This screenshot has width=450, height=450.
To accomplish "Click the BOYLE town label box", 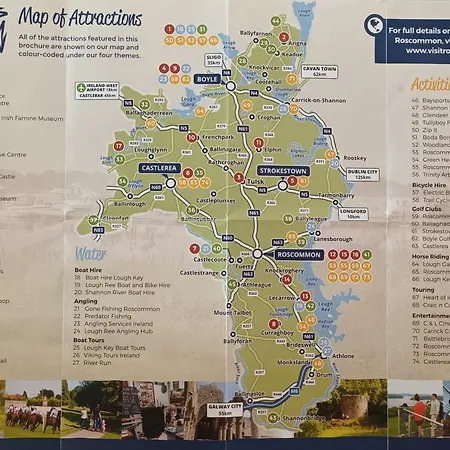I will tap(207, 77).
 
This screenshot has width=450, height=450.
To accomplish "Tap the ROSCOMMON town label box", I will tap(301, 255).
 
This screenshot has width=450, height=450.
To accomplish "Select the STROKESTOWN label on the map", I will tap(283, 171).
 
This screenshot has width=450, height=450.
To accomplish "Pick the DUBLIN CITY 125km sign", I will tap(363, 174).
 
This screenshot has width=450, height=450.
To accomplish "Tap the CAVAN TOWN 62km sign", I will tap(318, 71).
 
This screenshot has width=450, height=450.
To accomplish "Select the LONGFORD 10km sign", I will tap(352, 213).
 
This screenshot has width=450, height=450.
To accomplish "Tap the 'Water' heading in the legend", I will tap(89, 254).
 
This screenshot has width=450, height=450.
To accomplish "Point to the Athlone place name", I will tap(343, 356).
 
